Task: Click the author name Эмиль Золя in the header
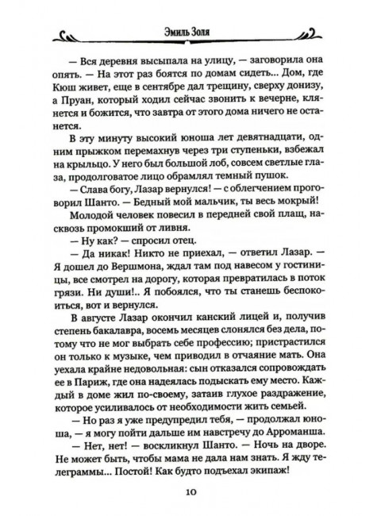pos(190,32)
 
